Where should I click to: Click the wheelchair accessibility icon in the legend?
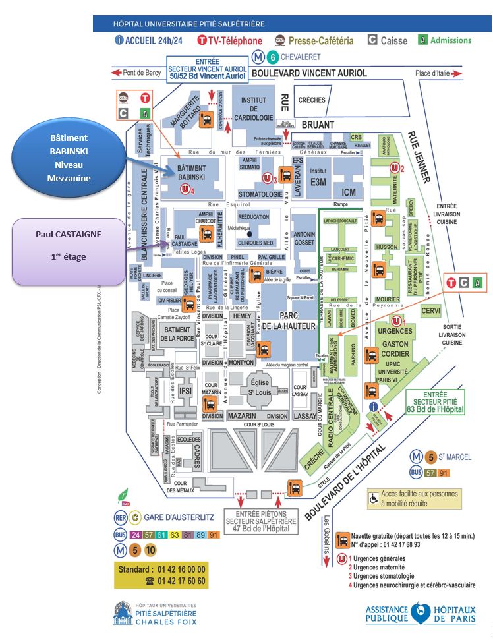coord(374,498)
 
